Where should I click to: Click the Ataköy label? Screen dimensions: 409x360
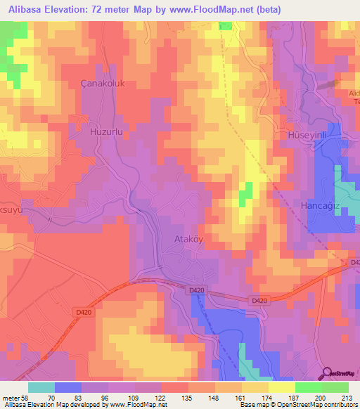coord(188,239)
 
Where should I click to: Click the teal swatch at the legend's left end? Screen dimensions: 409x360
coord(41,387)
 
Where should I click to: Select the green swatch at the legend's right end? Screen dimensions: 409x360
coord(335,387)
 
